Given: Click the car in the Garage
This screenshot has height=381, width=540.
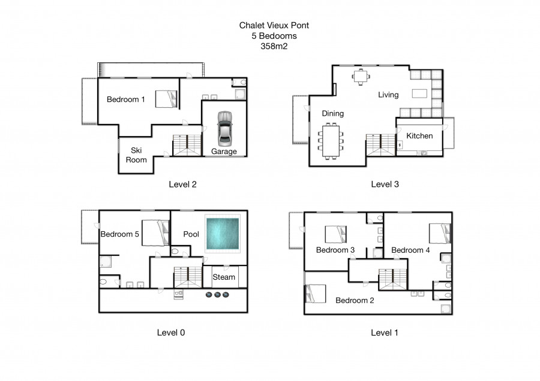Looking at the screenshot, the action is pyautogui.click(x=224, y=129).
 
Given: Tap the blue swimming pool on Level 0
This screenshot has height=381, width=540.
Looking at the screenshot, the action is pyautogui.click(x=223, y=234).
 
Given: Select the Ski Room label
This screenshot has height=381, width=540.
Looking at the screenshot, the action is pyautogui.click(x=136, y=155).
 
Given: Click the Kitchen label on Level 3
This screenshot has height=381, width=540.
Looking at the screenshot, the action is pyautogui.click(x=419, y=136).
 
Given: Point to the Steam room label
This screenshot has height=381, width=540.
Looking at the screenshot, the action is pyautogui.click(x=224, y=277).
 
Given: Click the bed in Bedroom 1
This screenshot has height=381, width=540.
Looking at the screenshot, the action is pyautogui.click(x=166, y=99).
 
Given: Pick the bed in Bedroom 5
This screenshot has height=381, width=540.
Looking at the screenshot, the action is pyautogui.click(x=155, y=233).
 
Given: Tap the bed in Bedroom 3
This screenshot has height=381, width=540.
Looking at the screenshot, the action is pyautogui.click(x=336, y=234).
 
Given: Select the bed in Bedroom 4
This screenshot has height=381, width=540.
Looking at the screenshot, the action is pyautogui.click(x=440, y=234).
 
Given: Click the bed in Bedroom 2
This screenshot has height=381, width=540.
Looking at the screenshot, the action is pyautogui.click(x=316, y=294).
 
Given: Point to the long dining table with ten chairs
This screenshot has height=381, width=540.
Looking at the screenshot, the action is pyautogui.click(x=331, y=141).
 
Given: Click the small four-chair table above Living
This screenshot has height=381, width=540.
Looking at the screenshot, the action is pyautogui.click(x=361, y=77).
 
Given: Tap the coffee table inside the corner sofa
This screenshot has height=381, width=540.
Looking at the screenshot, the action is pyautogui.click(x=419, y=93).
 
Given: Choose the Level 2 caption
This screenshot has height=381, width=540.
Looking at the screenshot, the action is pyautogui.click(x=182, y=185).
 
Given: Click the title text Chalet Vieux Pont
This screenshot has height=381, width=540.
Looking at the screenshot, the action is pyautogui.click(x=274, y=25).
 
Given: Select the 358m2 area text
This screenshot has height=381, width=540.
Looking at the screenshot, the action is pyautogui.click(x=274, y=46).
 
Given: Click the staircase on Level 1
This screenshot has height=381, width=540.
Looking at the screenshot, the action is pyautogui.click(x=393, y=280).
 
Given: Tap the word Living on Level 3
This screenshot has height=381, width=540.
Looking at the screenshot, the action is pyautogui.click(x=388, y=95).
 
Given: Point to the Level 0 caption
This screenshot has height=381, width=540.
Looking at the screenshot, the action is pyautogui.click(x=171, y=332).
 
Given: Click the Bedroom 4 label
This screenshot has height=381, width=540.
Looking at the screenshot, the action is pyautogui.click(x=410, y=250).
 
